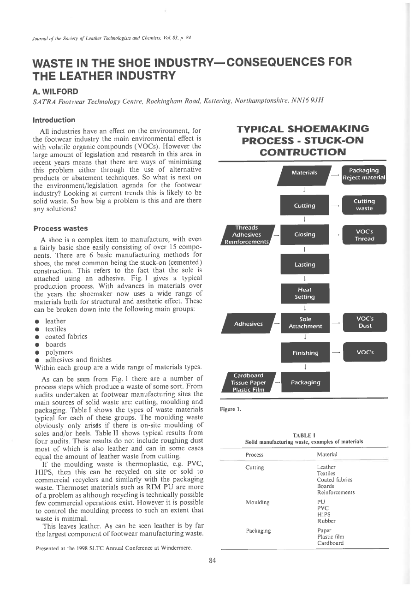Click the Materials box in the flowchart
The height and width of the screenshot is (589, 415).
[304, 173]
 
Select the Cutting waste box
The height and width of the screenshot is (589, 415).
[364, 205]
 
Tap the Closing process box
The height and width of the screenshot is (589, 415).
[305, 234]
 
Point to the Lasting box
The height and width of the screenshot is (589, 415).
[305, 265]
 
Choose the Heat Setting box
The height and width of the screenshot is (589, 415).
[305, 293]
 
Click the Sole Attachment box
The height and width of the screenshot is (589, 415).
[305, 322]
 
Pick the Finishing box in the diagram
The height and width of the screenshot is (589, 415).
[305, 353]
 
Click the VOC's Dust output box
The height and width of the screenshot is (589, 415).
[365, 322]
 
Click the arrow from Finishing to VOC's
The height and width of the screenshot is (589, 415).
[336, 353]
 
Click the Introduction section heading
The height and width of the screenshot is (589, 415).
[54, 120]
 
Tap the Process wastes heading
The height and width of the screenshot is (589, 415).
[60, 228]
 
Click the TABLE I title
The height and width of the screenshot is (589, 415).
[304, 434]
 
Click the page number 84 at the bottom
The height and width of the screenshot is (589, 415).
[212, 560]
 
